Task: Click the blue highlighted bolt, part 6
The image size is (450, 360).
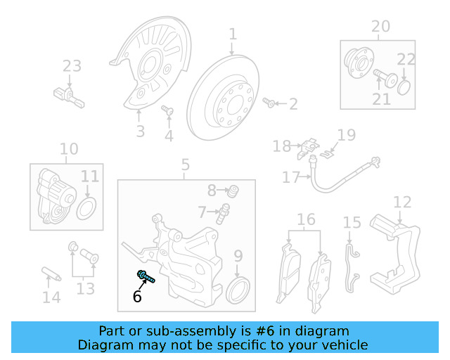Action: click(146, 276)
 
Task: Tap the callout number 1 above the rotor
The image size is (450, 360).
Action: click(232, 34)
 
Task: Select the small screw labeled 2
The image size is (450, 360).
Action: click(269, 103)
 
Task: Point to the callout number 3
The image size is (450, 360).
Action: click(140, 131)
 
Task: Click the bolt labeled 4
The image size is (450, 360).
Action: click(167, 110)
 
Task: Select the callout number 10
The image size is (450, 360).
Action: click(69, 149)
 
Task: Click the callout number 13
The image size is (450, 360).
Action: click(85, 288)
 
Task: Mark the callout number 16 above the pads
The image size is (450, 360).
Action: click(306, 220)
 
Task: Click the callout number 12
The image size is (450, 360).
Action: click(401, 202)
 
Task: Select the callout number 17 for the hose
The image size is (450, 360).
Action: click(291, 178)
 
